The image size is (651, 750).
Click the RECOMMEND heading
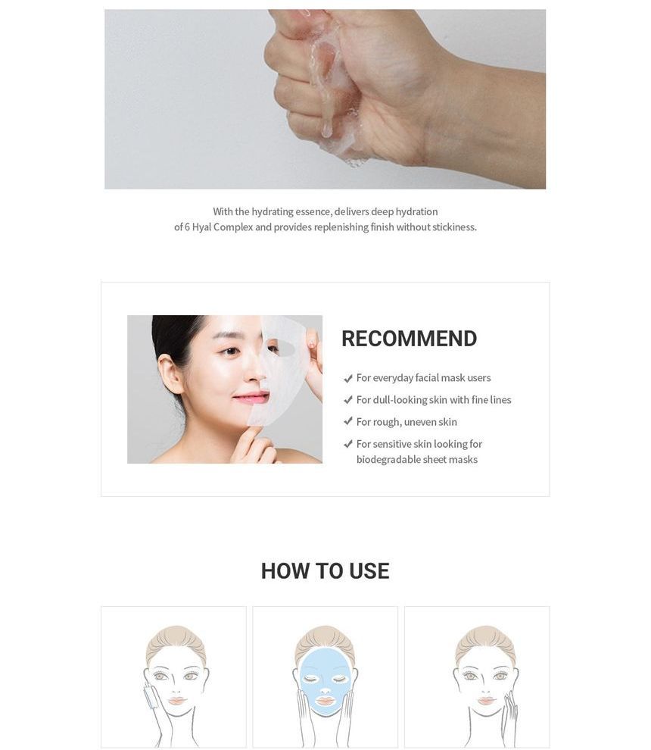tap(409, 339)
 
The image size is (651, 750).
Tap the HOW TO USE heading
tap(325, 570)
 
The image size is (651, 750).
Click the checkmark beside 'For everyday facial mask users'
tap(348, 378)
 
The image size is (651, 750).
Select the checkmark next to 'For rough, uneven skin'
tap(348, 421)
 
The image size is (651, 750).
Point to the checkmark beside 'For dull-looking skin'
tap(348, 400)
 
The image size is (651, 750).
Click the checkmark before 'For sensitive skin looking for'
tap(348, 444)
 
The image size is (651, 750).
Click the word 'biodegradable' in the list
tap(386, 460)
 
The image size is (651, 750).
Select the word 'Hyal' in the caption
tap(201, 227)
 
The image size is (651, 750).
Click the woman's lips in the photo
tap(251, 396)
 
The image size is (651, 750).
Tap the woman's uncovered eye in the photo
tap(230, 352)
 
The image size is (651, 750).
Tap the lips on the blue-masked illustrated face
tap(325, 702)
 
